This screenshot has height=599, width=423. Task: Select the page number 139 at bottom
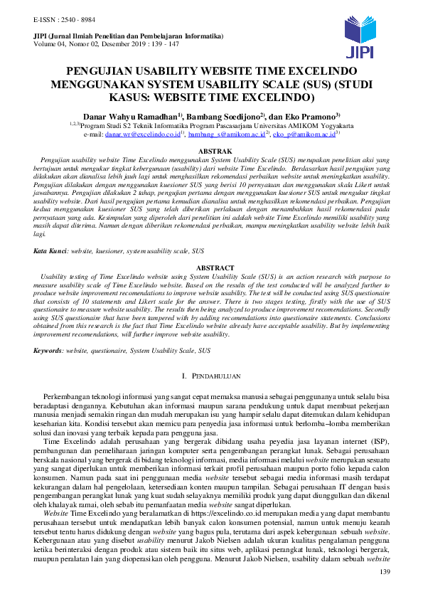coord(386,573)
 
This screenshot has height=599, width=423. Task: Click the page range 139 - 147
coord(178,44)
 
